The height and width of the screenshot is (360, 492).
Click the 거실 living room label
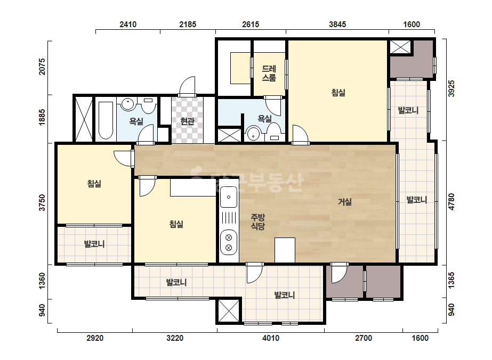[344, 202]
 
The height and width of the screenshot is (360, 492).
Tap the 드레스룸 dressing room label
[269, 73]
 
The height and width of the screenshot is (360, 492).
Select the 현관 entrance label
[187, 121]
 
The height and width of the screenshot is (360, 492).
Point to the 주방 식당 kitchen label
[257, 222]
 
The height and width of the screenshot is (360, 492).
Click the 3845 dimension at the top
[337, 24]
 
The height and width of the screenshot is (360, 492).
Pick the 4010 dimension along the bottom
[270, 338]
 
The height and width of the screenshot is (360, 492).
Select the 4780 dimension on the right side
[451, 202]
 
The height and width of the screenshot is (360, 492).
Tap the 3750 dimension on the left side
[42, 202]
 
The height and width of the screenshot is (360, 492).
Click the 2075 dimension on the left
[42, 67]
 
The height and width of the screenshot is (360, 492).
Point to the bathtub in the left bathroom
[106, 120]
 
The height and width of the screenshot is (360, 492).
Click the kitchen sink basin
[229, 197]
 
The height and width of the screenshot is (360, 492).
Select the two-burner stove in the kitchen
[229, 242]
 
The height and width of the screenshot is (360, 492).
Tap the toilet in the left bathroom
[148, 105]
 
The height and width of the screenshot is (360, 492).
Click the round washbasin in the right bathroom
[254, 134]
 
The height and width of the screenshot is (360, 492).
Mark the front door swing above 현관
[187, 85]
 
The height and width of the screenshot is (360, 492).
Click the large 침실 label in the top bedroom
[338, 93]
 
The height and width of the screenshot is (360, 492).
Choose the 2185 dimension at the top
[188, 24]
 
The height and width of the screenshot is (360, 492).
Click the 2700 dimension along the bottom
[364, 338]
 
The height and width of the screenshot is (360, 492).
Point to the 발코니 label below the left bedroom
[94, 244]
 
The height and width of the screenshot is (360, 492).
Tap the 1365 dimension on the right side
[451, 280]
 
